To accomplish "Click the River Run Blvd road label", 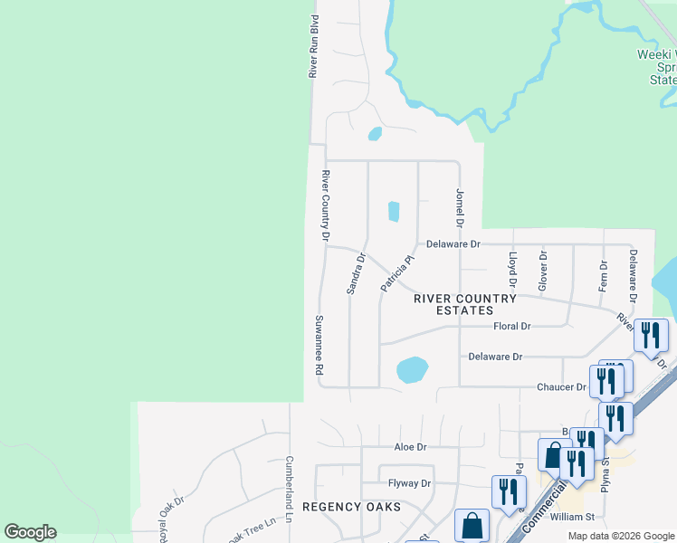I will (314, 45).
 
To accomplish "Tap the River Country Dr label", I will (326, 205).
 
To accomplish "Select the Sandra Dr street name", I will (355, 273).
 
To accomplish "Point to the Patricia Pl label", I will (396, 272).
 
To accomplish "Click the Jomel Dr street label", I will (460, 207).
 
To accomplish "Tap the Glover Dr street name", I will (544, 271).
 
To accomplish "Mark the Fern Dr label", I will (603, 276).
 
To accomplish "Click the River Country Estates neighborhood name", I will (465, 304).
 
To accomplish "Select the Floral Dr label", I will (512, 326).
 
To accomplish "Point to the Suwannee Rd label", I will (319, 346).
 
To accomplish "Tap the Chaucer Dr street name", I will (562, 387).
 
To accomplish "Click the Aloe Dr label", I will (409, 447).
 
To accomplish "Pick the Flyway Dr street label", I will (409, 483).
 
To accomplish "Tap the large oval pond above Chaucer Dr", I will (412, 369).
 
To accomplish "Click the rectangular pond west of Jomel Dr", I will (394, 211).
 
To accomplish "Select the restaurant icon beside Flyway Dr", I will (509, 491).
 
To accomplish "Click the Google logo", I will (31, 532).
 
